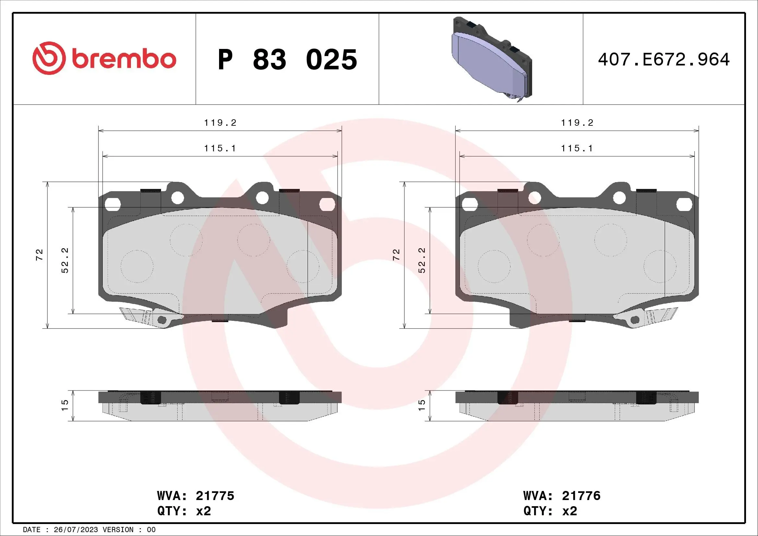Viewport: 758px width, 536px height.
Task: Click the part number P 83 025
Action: click(287, 60)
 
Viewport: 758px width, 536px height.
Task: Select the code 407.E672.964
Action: click(664, 60)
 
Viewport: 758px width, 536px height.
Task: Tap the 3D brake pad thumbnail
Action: click(492, 59)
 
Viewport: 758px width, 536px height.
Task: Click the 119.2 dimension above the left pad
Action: click(220, 123)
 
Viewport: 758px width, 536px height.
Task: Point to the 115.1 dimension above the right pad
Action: click(577, 148)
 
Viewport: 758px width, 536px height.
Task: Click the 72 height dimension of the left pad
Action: click(40, 255)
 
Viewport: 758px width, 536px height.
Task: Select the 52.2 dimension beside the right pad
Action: click(422, 260)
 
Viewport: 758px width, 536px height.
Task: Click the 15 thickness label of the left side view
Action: click(65, 405)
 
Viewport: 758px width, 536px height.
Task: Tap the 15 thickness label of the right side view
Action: click(422, 405)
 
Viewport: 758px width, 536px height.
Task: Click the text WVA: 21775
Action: click(195, 496)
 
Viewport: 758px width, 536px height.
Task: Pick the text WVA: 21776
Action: click(562, 496)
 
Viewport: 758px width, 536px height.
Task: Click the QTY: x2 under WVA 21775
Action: click(184, 511)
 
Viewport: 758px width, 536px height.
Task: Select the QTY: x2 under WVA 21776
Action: click(550, 511)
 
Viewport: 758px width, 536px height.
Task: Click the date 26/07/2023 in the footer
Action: click(76, 530)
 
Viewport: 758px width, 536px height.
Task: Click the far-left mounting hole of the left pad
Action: click(112, 204)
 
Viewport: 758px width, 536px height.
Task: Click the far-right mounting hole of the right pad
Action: click(684, 204)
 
